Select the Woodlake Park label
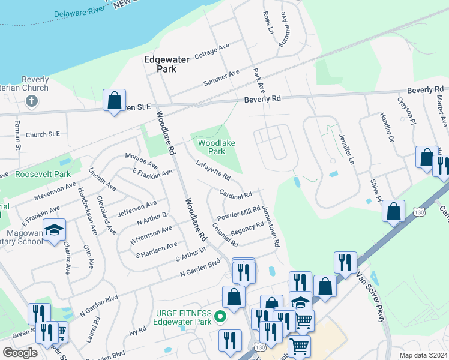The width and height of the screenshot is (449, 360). [x=217, y=147]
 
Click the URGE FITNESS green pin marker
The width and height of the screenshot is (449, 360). [x=220, y=317]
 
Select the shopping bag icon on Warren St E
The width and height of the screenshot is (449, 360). [x=114, y=100]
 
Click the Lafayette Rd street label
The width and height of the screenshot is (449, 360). [x=213, y=170]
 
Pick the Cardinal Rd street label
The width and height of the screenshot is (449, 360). [x=235, y=196]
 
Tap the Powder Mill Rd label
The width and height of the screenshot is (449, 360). [x=238, y=213]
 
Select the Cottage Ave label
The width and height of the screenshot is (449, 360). [x=212, y=50]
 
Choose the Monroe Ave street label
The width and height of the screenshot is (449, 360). [x=141, y=161]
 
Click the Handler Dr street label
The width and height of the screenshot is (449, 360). [x=386, y=127]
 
